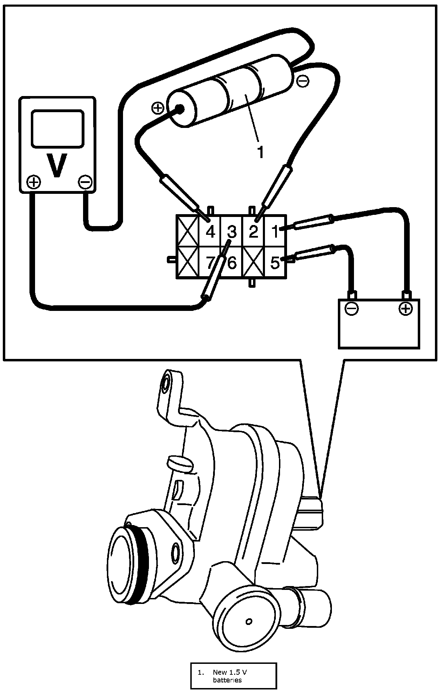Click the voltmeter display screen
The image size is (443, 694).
pos(57,128)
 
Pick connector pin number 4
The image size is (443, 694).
pos(210,232)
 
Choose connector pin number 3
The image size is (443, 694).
pos(232,232)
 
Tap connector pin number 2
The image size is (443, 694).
pos(253,232)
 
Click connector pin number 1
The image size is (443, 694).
pos(275,232)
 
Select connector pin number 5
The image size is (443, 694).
pos(275,263)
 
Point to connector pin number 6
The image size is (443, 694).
pos(232,263)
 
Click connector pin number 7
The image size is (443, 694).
pos(210,263)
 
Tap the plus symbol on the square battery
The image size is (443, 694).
pos(405,308)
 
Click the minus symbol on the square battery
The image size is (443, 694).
pos(352,308)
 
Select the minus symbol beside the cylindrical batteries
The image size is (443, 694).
pos(302,81)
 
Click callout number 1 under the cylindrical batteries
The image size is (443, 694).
pos(260,152)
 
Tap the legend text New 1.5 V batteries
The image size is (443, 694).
pos(229,676)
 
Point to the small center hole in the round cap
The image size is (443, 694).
pos(249,621)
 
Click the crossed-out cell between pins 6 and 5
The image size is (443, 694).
pos(253,263)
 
